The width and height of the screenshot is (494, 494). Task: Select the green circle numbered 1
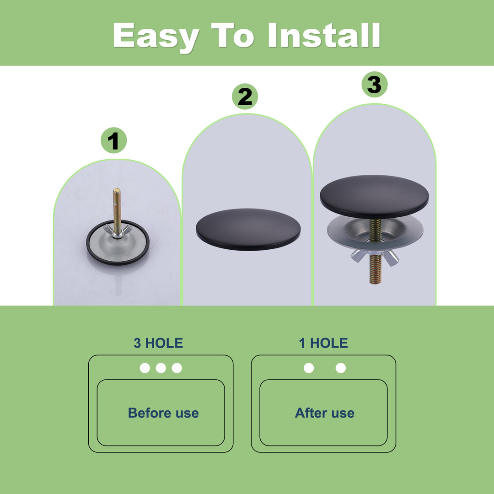114,140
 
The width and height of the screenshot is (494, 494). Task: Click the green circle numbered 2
245,97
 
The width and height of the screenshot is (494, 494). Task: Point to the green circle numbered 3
374,85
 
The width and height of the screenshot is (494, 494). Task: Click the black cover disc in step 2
248,229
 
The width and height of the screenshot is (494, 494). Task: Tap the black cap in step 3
374,196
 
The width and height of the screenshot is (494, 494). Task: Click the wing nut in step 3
375,256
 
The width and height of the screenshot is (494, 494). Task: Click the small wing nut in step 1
117,231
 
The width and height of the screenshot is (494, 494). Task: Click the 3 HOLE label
158,343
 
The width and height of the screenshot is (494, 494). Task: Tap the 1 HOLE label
323,343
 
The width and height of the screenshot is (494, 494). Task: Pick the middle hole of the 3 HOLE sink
161,368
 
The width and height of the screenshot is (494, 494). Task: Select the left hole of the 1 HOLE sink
309,368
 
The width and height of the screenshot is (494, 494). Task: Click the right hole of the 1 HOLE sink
341,368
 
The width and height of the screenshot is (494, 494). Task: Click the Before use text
163,413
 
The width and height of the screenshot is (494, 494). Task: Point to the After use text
324,413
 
